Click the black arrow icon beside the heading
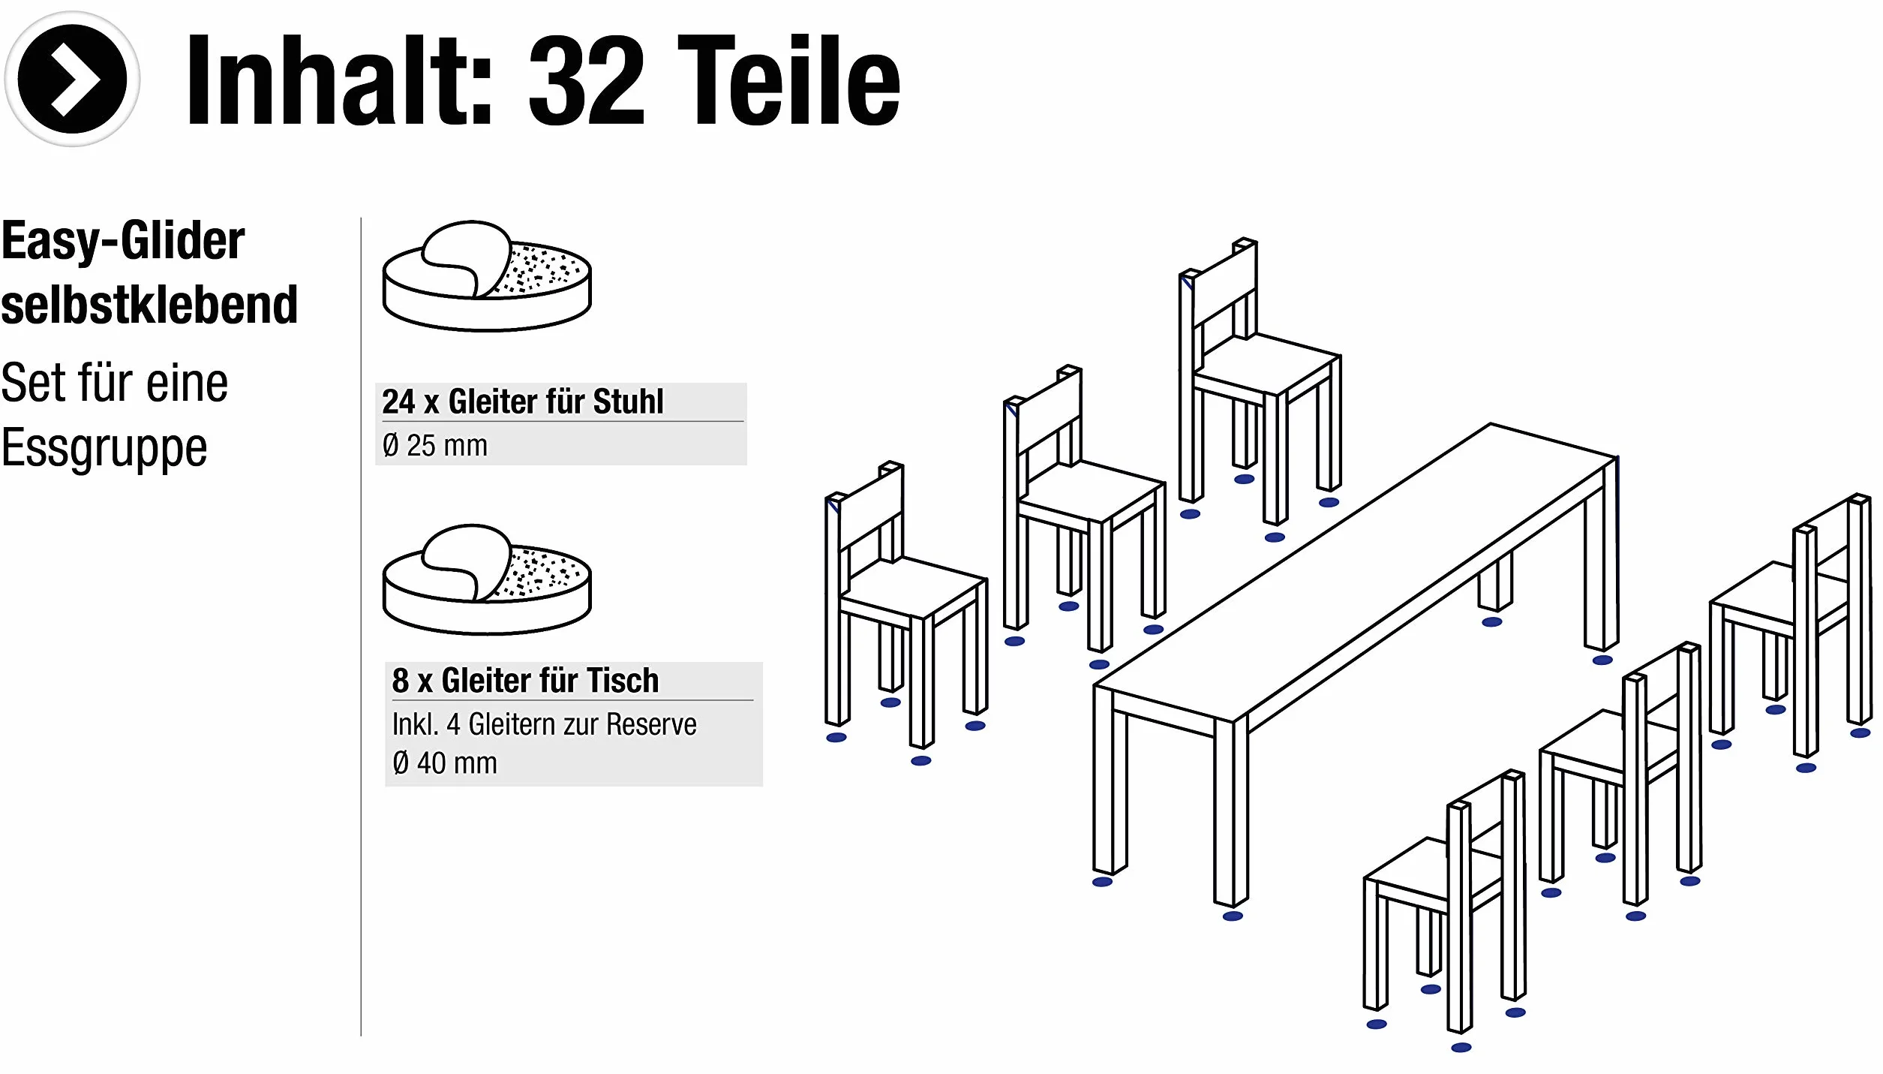point(72,79)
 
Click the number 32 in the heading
point(587,80)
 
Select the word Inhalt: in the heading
point(339,80)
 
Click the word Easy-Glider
point(123,242)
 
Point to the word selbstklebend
point(149,305)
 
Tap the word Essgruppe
point(104,449)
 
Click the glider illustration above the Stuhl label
point(487,275)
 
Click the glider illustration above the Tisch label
point(487,579)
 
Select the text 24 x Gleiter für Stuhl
point(523,402)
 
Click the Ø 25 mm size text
point(435,446)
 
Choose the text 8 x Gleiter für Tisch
point(525,681)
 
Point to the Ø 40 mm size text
point(445,763)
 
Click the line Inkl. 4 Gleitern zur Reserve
point(545,724)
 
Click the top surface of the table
point(1356,572)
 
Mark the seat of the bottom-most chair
point(1429,867)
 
